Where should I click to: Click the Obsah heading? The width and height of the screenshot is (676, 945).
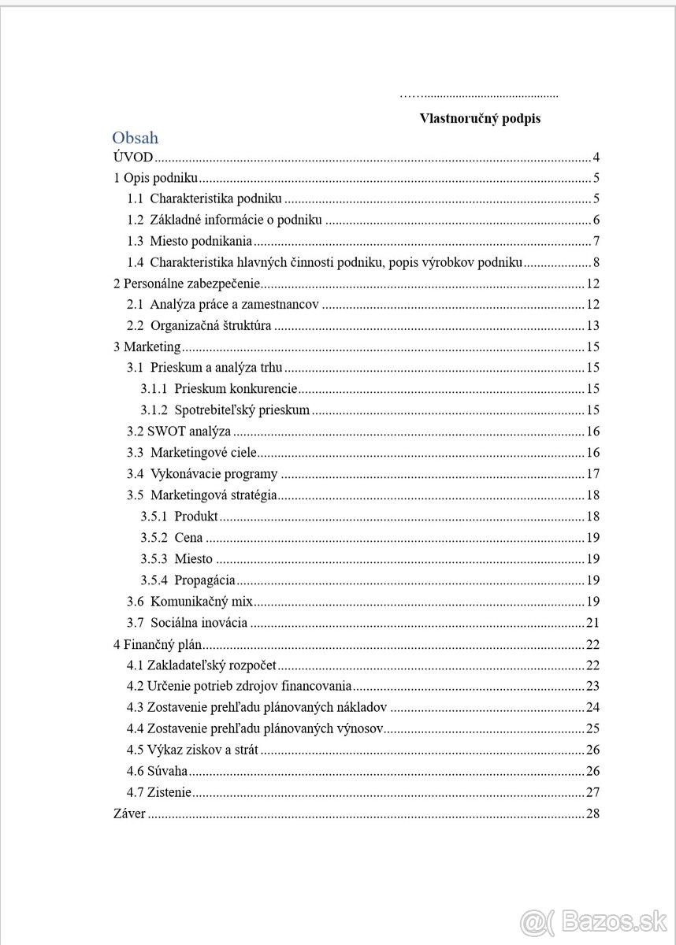coord(135,138)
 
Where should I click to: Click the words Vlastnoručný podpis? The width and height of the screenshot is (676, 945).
coord(480,119)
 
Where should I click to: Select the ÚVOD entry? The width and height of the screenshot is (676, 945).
coord(133,157)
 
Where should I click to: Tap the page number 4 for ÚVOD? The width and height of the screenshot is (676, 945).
coord(597,157)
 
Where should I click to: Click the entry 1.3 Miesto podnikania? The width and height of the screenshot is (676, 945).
coord(201,241)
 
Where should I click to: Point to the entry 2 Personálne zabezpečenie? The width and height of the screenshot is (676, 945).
coord(187,283)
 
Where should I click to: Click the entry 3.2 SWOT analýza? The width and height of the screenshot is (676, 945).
coord(179,431)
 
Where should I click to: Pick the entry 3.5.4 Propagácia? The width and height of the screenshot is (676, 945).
coord(188,580)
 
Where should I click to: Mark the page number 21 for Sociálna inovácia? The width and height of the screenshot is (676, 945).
coord(593,623)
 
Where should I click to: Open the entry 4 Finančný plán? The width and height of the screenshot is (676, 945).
coord(158,644)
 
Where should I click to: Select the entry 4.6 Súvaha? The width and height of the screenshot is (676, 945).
coord(158,771)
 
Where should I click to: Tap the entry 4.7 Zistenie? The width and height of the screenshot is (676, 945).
coord(159,792)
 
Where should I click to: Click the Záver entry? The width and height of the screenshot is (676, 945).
coord(130,813)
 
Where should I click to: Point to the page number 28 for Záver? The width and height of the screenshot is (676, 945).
coord(593,813)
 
